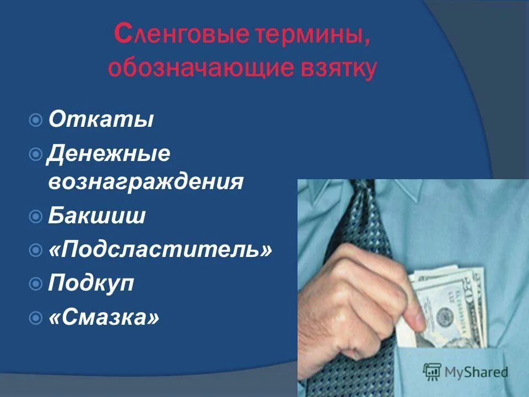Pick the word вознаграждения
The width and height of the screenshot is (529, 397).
(145, 181)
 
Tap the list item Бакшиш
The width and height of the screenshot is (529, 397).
(96, 216)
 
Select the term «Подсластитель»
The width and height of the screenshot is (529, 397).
(160, 250)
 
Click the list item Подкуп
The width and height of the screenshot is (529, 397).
(91, 284)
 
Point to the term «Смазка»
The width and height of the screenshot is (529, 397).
(104, 317)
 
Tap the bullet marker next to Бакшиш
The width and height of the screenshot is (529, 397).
(36, 216)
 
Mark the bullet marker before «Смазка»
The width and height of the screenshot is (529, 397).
(36, 318)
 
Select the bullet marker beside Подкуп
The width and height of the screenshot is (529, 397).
(36, 284)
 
